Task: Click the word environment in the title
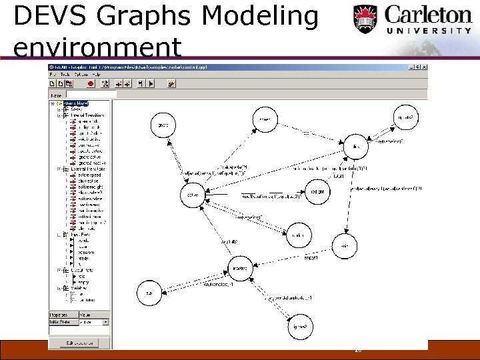coord(97,47)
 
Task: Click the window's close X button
coord(423,67)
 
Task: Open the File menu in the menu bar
coord(53,75)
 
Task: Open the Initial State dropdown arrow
coord(105,322)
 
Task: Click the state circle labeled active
coord(192,195)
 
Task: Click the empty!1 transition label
coord(311,256)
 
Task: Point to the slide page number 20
coord(358,349)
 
